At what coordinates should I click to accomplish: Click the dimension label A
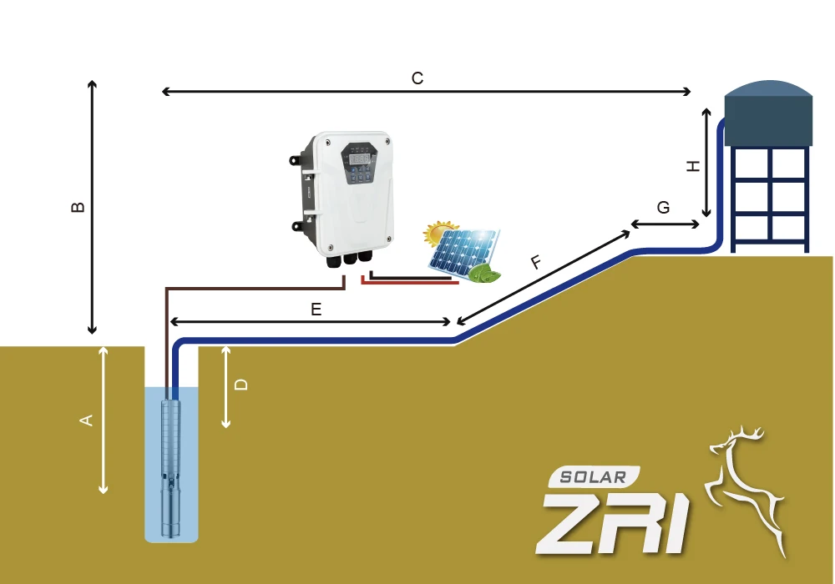pos(85,420)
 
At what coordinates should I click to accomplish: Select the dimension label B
pos(78,207)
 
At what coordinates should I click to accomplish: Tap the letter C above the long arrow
pos(417,78)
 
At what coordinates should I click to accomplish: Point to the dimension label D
pos(241,385)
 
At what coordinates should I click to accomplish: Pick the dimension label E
pos(316,310)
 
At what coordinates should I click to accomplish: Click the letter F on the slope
pos(536,264)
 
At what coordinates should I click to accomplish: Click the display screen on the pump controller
pos(361,157)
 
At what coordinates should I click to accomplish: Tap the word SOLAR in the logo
pos(594,477)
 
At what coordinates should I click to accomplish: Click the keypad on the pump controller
pos(361,176)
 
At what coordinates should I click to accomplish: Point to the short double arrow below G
pos(665,224)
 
